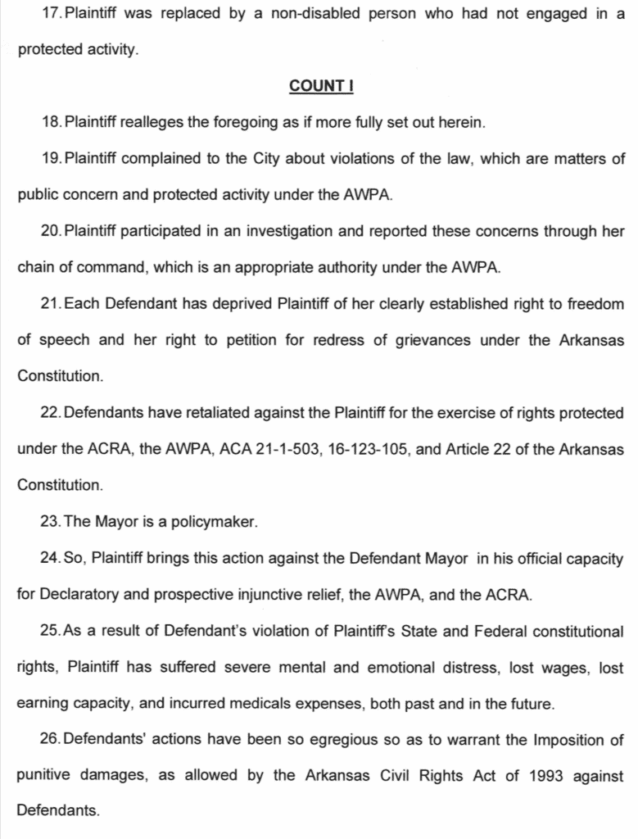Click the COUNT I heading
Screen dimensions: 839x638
click(x=320, y=86)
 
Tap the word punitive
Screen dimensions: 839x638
click(x=42, y=776)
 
